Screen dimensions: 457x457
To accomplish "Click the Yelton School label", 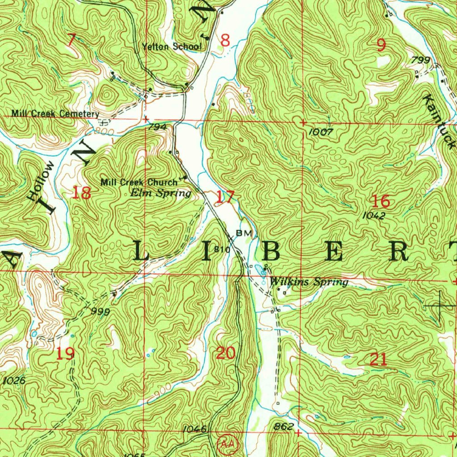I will [x=172, y=47].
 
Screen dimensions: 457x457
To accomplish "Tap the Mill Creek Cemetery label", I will [x=55, y=114].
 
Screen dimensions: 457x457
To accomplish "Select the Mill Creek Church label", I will [x=139, y=182].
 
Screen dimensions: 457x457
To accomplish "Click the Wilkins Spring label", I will [x=309, y=282].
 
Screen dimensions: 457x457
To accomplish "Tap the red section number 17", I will [x=225, y=196].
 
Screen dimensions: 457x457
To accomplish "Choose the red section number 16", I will [x=382, y=201].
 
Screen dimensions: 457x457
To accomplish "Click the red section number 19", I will [x=65, y=354].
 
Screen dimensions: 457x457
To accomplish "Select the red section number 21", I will [x=378, y=359].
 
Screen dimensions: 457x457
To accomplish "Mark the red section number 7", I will [x=71, y=40].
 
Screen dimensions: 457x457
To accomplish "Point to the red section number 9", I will [x=381, y=45].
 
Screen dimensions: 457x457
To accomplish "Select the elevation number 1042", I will [x=374, y=215].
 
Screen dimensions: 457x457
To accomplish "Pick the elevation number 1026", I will [x=14, y=381].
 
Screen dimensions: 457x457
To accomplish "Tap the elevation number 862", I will [x=284, y=427].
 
